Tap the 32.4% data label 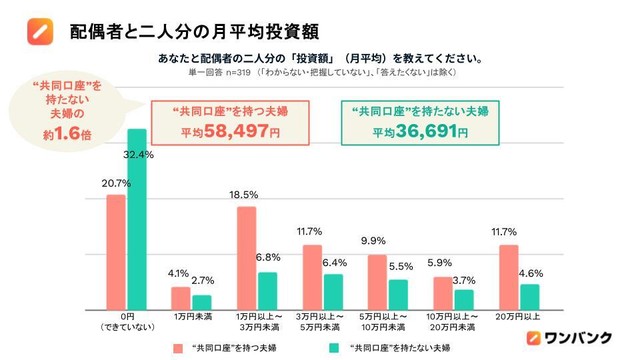tap(138, 155)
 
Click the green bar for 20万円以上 tap(529, 297)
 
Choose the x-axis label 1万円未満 tap(191, 317)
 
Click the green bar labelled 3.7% tap(463, 299)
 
